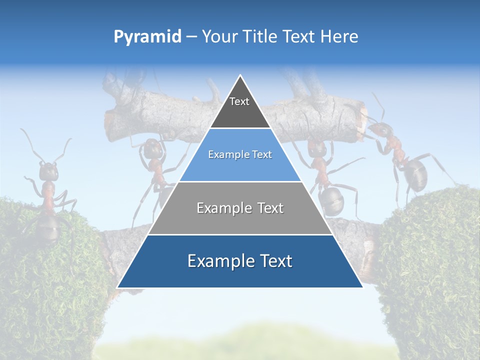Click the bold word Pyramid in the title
pos(147,37)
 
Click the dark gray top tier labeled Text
pos(239,107)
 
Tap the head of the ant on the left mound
pos(48,171)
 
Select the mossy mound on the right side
pos(430,265)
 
